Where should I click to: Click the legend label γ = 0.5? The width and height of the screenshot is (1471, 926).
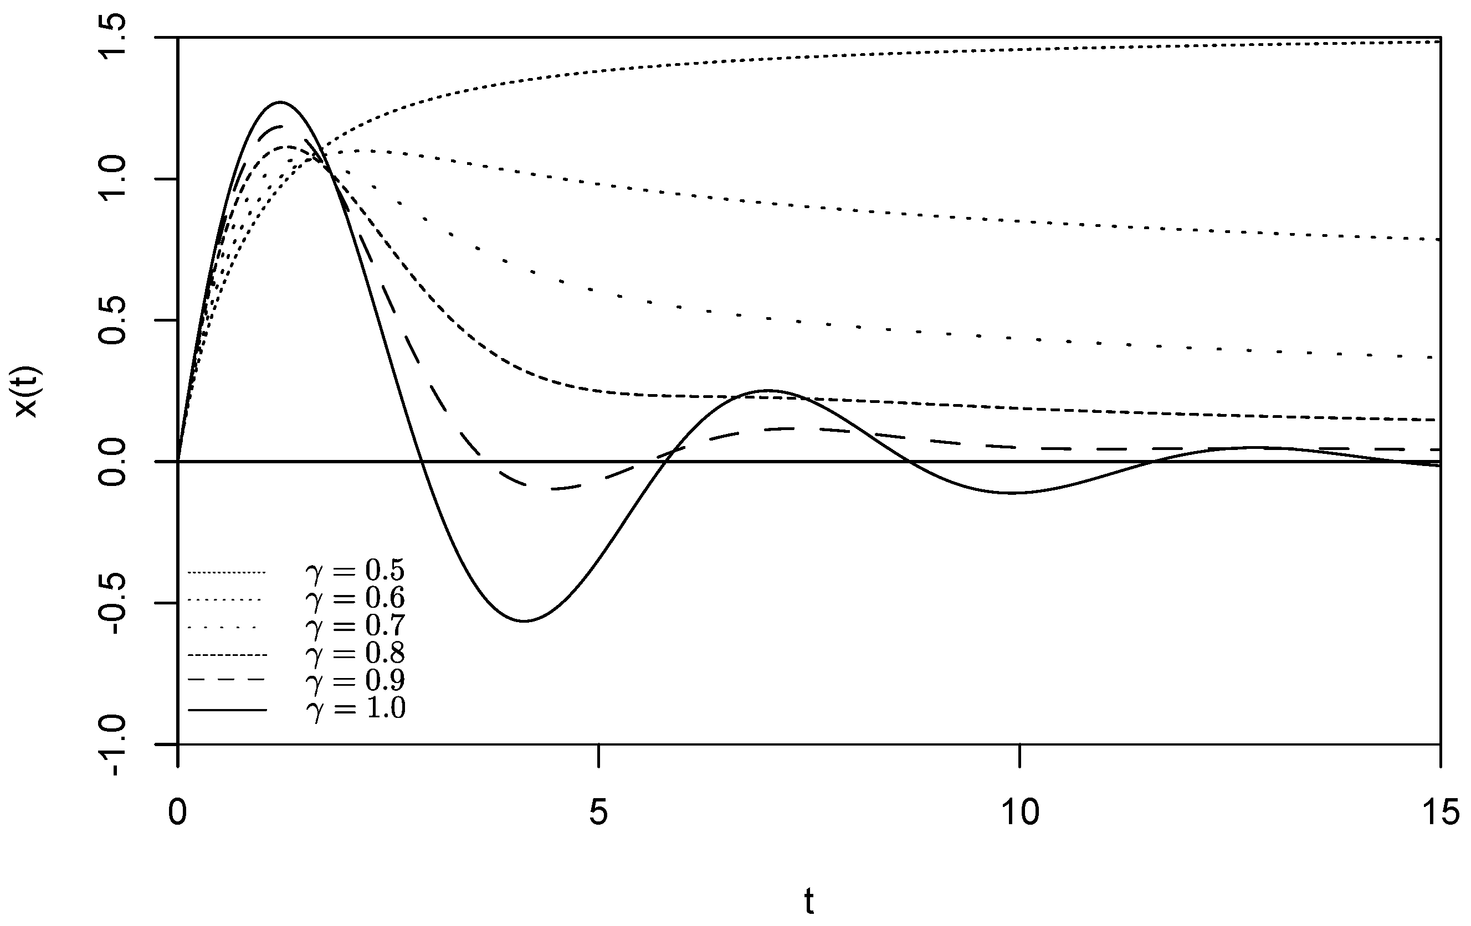coord(355,571)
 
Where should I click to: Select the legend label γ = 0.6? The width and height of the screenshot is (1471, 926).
coord(355,598)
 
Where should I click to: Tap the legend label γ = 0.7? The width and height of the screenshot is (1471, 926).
coord(355,625)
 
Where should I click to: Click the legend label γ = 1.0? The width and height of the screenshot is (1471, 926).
coord(355,708)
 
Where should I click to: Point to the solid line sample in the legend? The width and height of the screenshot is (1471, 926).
coord(227,710)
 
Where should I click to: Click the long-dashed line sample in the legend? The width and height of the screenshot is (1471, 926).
coord(227,679)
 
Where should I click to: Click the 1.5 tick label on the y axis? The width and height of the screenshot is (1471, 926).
coord(113,38)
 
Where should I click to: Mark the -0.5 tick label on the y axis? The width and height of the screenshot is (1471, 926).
coord(113,603)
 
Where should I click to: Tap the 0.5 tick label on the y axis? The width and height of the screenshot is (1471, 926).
coord(113,320)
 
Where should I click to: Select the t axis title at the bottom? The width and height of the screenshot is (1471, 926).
coord(809,901)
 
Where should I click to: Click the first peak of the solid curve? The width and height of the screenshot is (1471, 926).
coord(280,102)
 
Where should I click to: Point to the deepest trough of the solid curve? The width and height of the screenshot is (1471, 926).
coord(524,622)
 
